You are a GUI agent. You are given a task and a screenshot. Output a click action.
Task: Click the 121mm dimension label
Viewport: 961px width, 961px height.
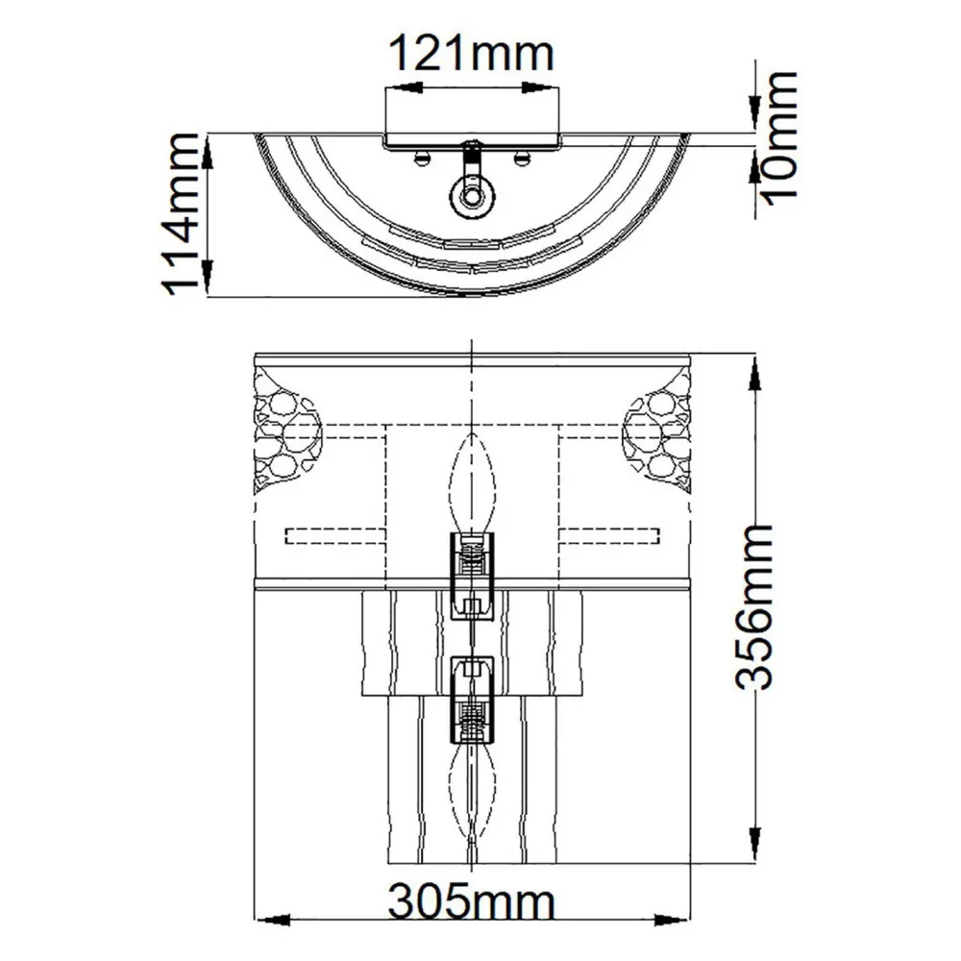click(x=471, y=53)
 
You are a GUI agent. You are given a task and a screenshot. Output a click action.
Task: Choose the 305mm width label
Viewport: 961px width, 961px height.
click(x=471, y=903)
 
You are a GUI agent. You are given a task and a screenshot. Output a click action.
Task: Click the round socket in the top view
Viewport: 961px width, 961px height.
click(x=471, y=197)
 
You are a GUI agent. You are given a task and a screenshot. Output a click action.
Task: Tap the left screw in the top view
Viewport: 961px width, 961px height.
click(x=421, y=157)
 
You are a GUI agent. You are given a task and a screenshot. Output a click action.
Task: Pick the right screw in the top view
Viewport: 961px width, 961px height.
click(x=522, y=157)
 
